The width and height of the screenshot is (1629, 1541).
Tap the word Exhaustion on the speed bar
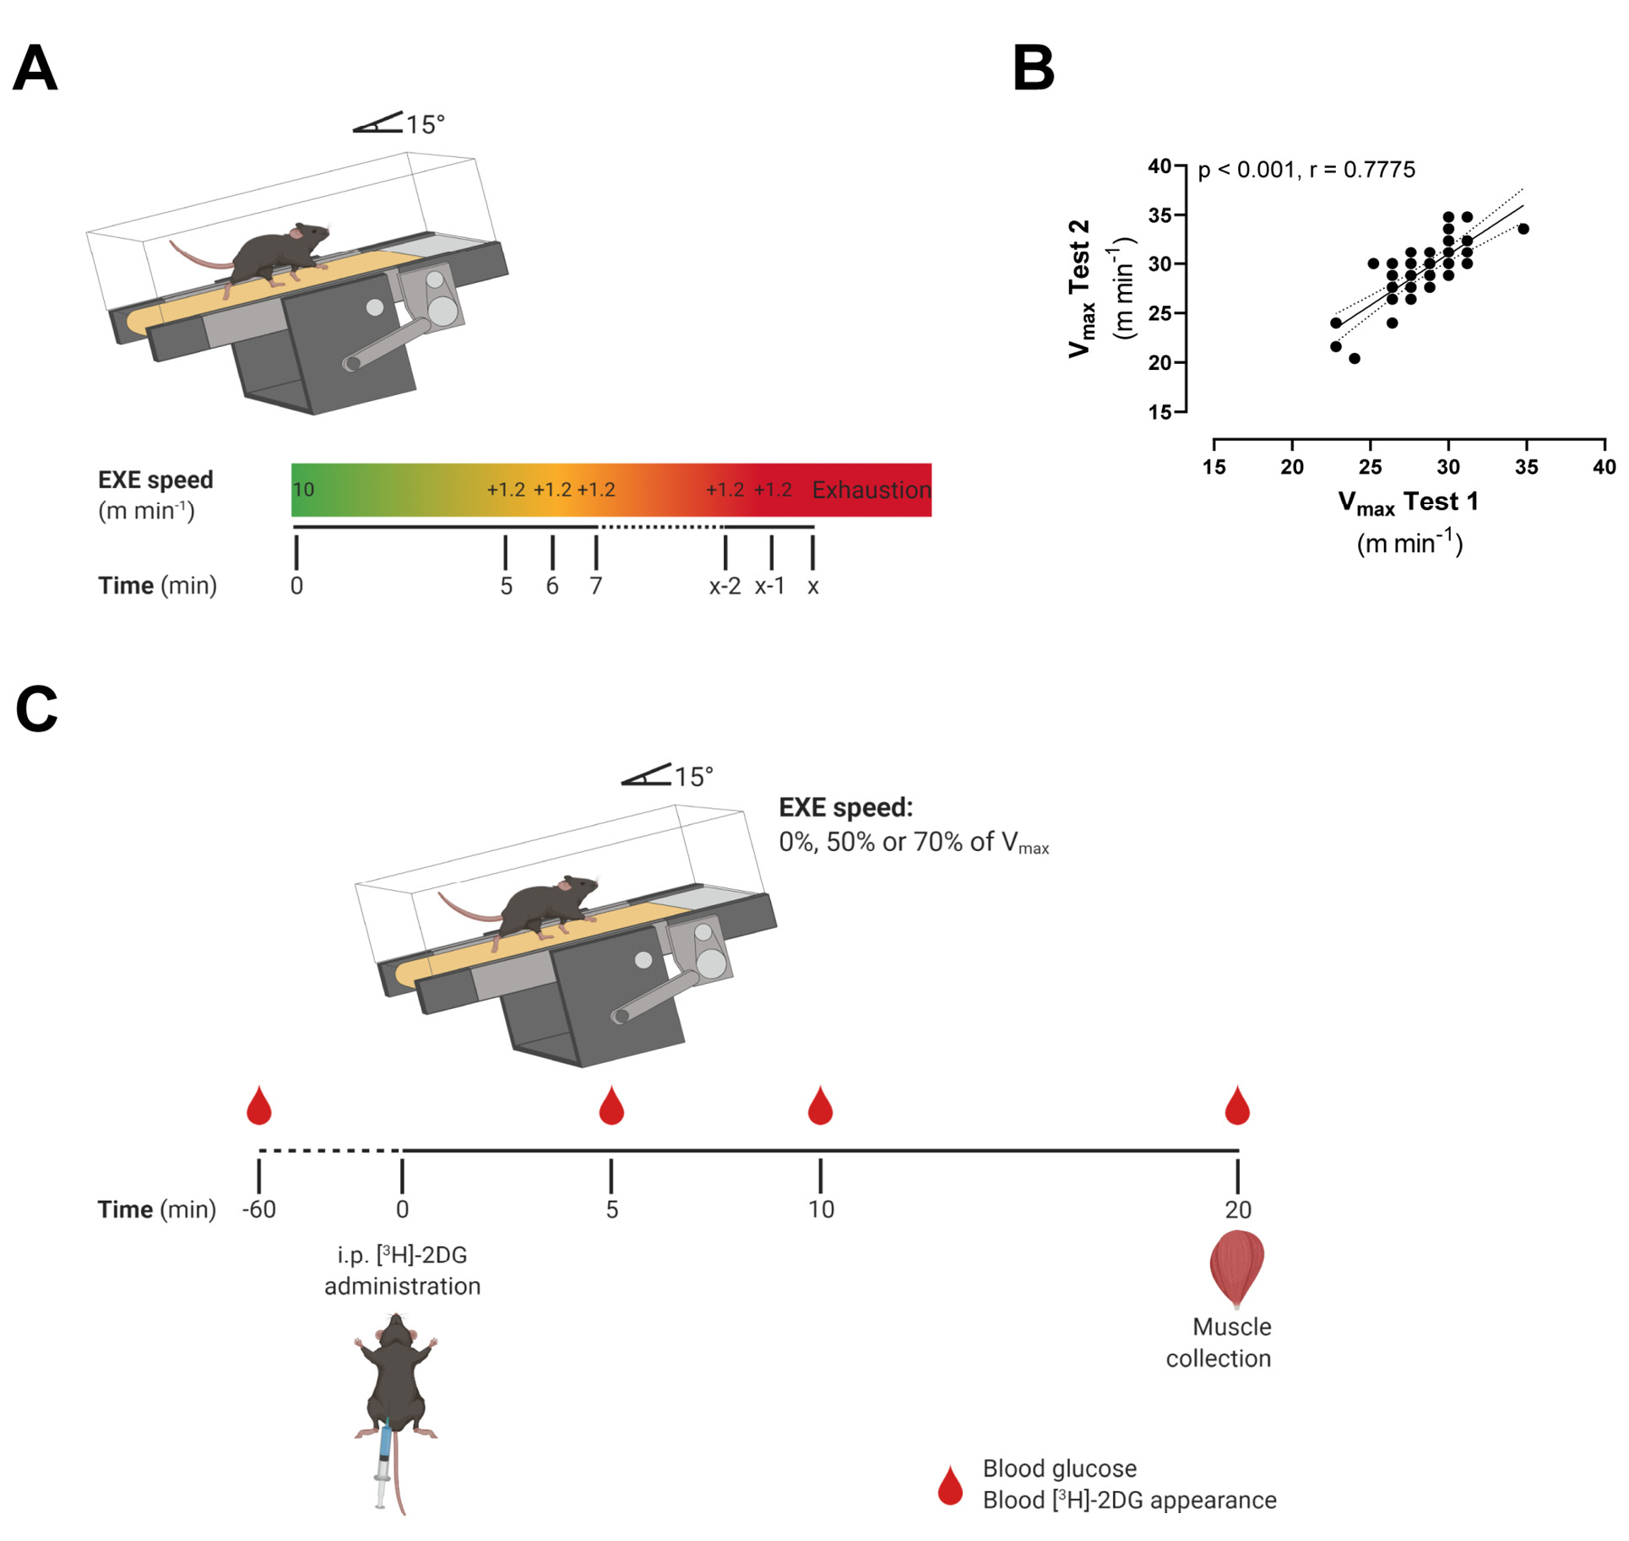click(871, 490)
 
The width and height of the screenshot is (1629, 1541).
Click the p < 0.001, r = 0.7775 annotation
click(1306, 170)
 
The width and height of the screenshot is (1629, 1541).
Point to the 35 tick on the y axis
click(1160, 215)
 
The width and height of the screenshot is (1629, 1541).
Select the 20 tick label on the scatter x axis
click(1291, 467)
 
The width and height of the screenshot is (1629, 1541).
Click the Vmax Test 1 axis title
click(1408, 503)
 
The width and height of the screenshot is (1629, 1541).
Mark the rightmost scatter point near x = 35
click(1523, 229)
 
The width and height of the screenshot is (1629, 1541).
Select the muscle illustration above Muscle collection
click(1236, 1267)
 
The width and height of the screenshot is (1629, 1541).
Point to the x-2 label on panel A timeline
click(725, 586)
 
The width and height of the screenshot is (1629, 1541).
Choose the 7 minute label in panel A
click(596, 586)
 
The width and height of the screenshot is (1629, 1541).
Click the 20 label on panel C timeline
click(1237, 1209)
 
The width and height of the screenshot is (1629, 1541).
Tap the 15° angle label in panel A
click(425, 125)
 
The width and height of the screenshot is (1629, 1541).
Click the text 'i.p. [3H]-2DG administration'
click(402, 1270)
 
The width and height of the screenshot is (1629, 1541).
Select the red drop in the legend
click(950, 1485)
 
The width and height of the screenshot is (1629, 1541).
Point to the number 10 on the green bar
click(303, 490)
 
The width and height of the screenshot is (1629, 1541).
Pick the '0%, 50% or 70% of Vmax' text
click(913, 843)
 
